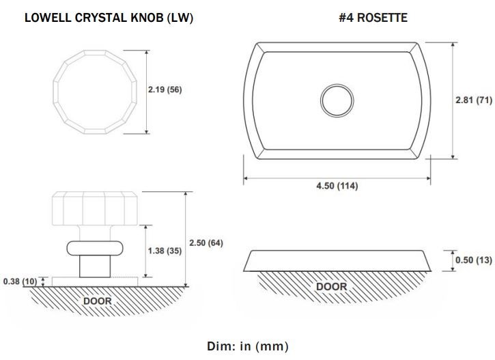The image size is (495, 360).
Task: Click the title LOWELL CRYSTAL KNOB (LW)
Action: coord(109,18)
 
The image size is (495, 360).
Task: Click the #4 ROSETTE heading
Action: coord(373,17)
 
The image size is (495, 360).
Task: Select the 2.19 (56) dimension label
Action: coord(165,89)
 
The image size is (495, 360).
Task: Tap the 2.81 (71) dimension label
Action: coord(474,100)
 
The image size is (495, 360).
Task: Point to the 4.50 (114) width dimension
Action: coord(337,186)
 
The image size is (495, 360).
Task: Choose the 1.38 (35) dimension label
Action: coord(165,251)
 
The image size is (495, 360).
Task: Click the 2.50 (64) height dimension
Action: coord(206,243)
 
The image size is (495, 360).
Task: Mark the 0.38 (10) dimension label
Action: coord(20,281)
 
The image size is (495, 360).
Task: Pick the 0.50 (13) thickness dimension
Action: coord(474,260)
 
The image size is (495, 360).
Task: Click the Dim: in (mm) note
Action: coord(248,346)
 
